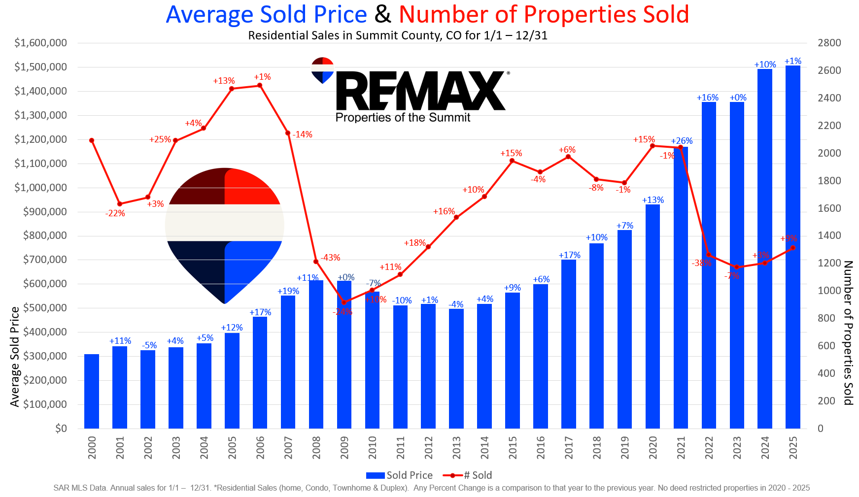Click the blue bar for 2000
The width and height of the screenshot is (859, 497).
92,391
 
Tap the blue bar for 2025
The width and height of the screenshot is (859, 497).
792,246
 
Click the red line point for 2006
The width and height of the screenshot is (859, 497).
260,86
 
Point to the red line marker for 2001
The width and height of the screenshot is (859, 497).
120,204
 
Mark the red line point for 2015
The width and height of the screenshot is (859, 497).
512,161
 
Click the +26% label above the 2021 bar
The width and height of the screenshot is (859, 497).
682,141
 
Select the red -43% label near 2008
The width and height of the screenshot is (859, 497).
330,258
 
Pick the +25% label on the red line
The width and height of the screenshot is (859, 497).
160,140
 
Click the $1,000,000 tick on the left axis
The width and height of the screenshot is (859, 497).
40,188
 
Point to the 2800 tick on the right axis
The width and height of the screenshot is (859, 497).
829,43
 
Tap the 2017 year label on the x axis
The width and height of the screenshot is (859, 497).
569,447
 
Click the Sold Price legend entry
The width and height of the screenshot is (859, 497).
399,475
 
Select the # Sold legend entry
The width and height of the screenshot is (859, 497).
468,475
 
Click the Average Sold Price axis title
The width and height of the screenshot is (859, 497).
15,357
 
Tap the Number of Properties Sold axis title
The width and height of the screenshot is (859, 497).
848,333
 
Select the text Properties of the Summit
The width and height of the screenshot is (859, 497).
403,118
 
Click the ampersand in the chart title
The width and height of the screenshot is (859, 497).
383,14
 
